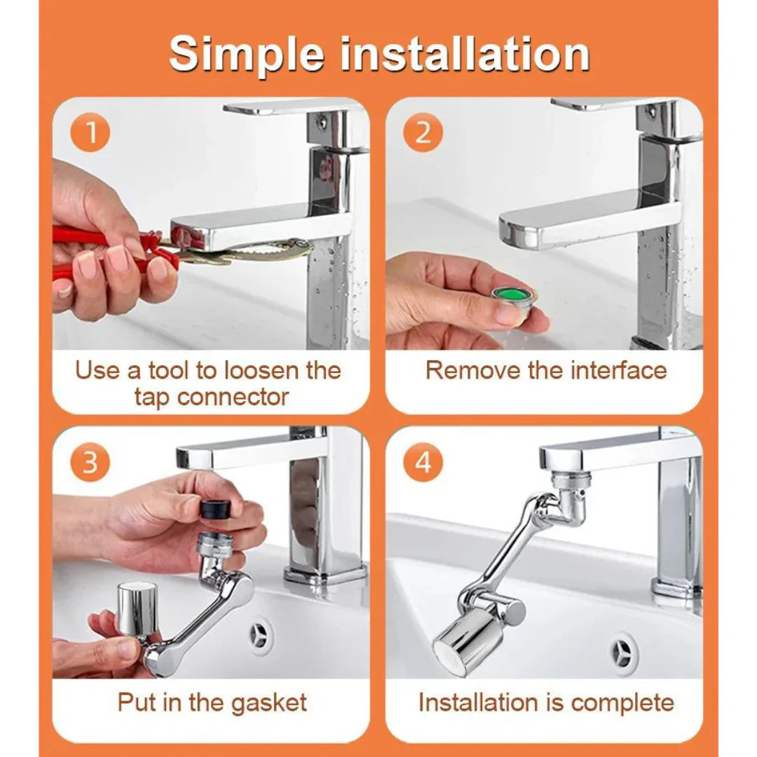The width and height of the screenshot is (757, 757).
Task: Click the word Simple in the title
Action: [x=247, y=54]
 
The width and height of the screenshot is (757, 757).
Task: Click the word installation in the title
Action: [x=463, y=54]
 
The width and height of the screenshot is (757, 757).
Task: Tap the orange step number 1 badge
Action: [x=90, y=132]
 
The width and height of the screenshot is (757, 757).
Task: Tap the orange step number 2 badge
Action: [x=423, y=132]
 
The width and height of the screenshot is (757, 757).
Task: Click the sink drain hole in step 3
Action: [x=261, y=636]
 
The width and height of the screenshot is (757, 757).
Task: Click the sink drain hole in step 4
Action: [x=622, y=653]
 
